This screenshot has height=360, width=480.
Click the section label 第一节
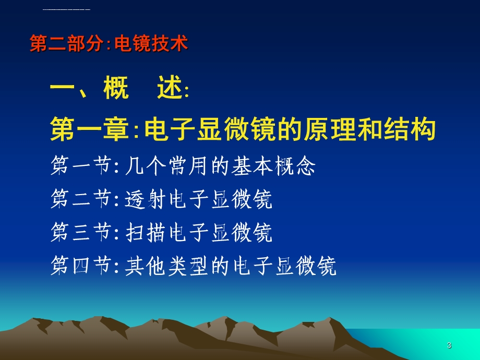point(81,167)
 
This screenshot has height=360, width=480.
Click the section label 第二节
point(81,200)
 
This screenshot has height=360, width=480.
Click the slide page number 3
point(449,345)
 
